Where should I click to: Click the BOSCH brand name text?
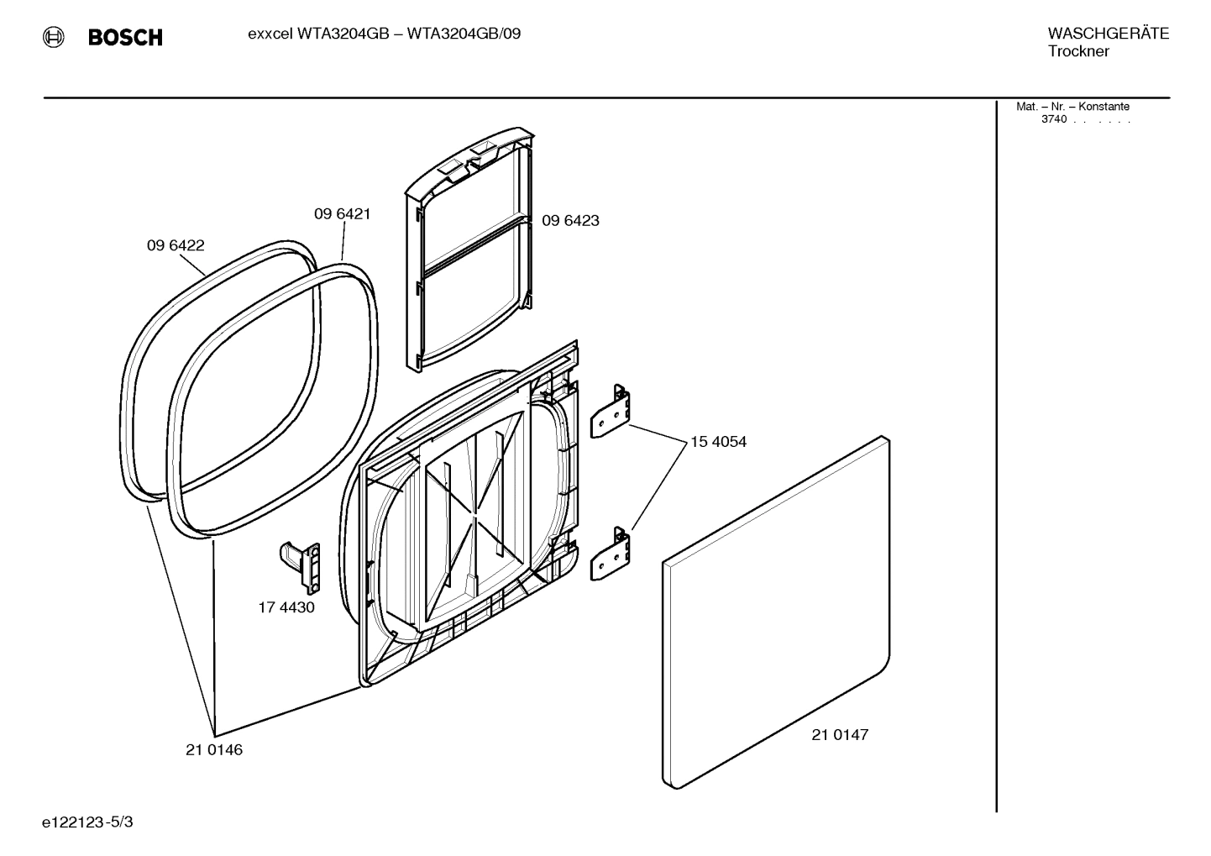pyautogui.click(x=125, y=38)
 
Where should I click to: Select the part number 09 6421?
pyautogui.click(x=343, y=214)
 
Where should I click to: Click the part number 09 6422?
pyautogui.click(x=176, y=245)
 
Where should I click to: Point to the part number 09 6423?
pyautogui.click(x=570, y=221)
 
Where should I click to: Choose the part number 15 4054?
pyautogui.click(x=718, y=442)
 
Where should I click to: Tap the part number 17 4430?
pyautogui.click(x=286, y=607)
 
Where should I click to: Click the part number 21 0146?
pyautogui.click(x=214, y=749)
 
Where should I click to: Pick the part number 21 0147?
pyautogui.click(x=840, y=734)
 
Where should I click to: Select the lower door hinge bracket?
pyautogui.click(x=611, y=554)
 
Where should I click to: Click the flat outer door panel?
pyautogui.click(x=777, y=613)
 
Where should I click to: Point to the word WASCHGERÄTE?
pyautogui.click(x=1108, y=34)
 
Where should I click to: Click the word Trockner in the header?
pyautogui.click(x=1078, y=51)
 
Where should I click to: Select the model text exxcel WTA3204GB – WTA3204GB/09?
pyautogui.click(x=384, y=34)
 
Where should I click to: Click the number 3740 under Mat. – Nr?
pyautogui.click(x=1053, y=119)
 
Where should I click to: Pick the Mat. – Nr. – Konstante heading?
pyautogui.click(x=1072, y=107)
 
